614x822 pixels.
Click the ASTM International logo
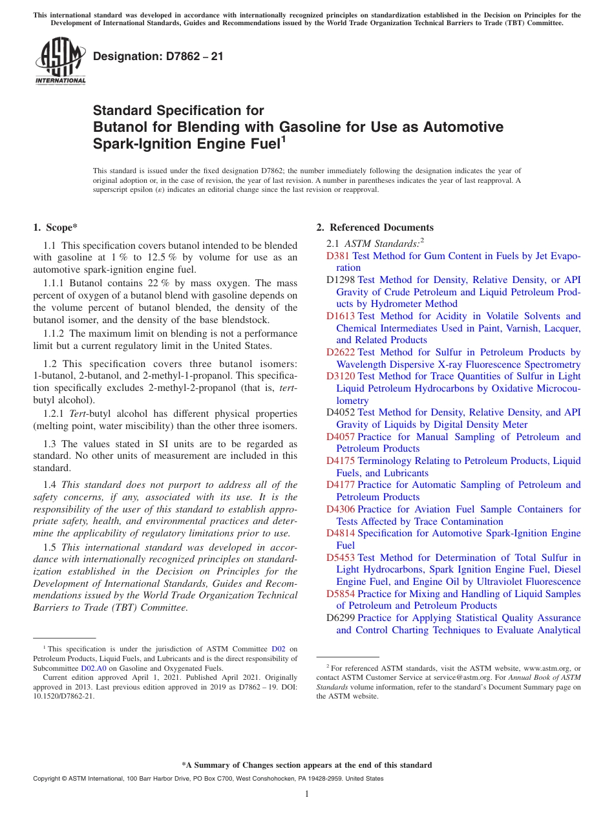tap(60, 61)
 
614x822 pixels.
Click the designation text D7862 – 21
tap(158, 56)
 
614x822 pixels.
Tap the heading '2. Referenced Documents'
tap(375, 227)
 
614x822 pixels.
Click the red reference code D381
tap(338, 256)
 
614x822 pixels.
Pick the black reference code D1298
tap(341, 280)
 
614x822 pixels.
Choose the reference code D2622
tap(341, 352)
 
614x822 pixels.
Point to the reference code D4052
tap(341, 412)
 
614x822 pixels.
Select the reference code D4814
tap(341, 533)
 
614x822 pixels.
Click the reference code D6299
tap(341, 618)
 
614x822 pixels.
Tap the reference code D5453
tap(341, 558)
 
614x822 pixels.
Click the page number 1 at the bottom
tap(307, 794)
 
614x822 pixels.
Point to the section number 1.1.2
tap(54, 333)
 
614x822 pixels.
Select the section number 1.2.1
tap(54, 413)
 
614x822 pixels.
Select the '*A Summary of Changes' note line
tap(306, 765)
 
